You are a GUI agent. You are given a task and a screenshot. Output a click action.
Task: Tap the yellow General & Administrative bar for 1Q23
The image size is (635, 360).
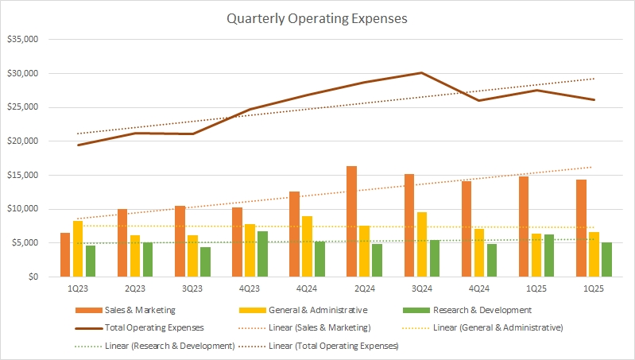[78, 249]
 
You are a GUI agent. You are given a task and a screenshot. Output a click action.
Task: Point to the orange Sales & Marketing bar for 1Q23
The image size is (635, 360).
[65, 254]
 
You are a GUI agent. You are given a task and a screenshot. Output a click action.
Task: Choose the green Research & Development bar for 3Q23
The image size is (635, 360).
[205, 261]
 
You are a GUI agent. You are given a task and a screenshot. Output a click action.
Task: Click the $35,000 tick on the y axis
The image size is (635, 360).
[23, 39]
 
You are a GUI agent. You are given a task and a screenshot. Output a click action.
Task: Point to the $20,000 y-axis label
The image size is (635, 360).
[23, 141]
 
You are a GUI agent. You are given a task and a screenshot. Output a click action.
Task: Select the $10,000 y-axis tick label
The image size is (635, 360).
[23, 209]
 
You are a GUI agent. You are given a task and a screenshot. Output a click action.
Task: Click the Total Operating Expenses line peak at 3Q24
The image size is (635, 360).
[421, 72]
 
